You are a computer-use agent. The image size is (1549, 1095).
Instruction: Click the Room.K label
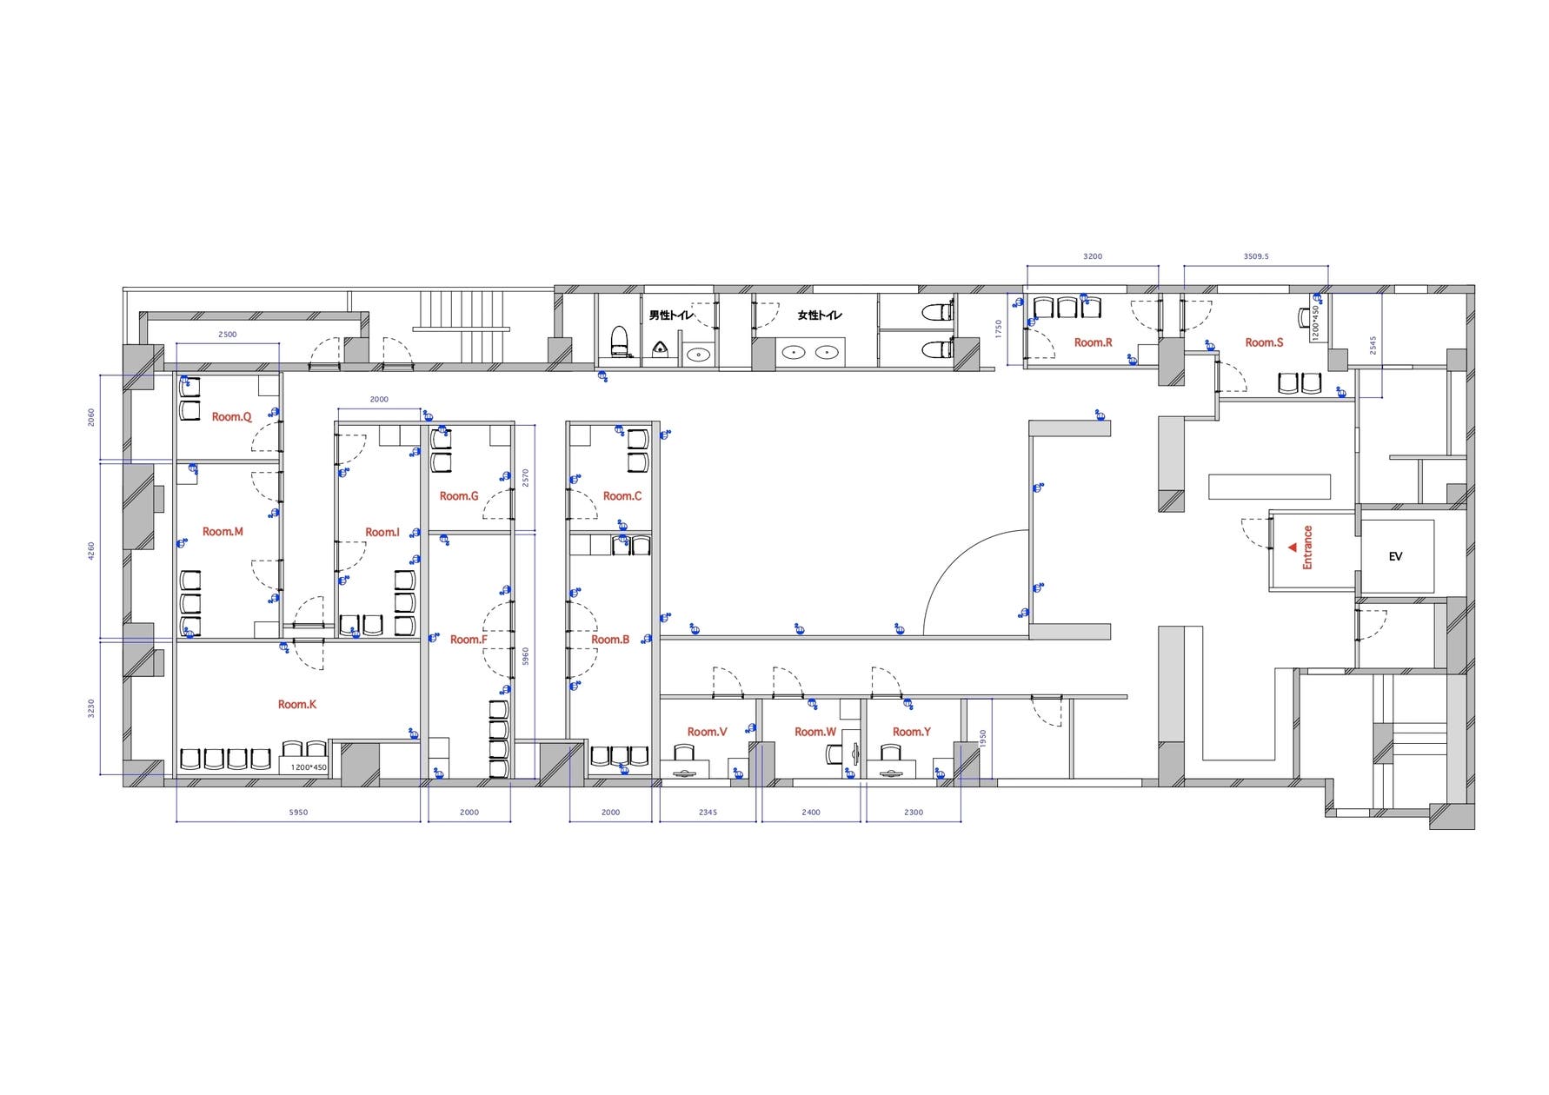click(x=297, y=704)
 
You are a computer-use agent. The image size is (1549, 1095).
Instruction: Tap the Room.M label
click(x=223, y=531)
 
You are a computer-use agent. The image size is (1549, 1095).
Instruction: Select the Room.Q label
click(x=231, y=417)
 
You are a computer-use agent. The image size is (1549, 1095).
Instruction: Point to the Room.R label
click(x=1093, y=342)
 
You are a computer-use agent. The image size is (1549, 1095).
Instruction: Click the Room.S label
click(x=1264, y=342)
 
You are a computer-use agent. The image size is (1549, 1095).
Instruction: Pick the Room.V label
click(x=707, y=732)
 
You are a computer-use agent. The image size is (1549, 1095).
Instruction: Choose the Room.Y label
click(x=911, y=732)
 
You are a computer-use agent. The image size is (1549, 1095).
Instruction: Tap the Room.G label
click(x=459, y=496)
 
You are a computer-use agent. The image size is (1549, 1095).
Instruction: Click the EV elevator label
click(x=1395, y=556)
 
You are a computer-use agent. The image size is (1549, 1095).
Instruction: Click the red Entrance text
click(x=1307, y=547)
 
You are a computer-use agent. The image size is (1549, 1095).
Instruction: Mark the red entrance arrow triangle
click(x=1293, y=547)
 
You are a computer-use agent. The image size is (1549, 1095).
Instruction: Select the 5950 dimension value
click(x=298, y=813)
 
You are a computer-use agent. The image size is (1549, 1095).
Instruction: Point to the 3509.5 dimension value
click(x=1256, y=256)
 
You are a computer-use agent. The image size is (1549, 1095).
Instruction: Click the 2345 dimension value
click(x=708, y=813)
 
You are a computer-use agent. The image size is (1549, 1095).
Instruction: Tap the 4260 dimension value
click(x=91, y=551)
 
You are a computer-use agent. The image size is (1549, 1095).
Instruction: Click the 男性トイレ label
click(x=672, y=315)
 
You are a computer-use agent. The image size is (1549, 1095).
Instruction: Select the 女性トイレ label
click(x=820, y=315)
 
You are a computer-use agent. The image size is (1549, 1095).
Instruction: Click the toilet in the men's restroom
click(x=619, y=340)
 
